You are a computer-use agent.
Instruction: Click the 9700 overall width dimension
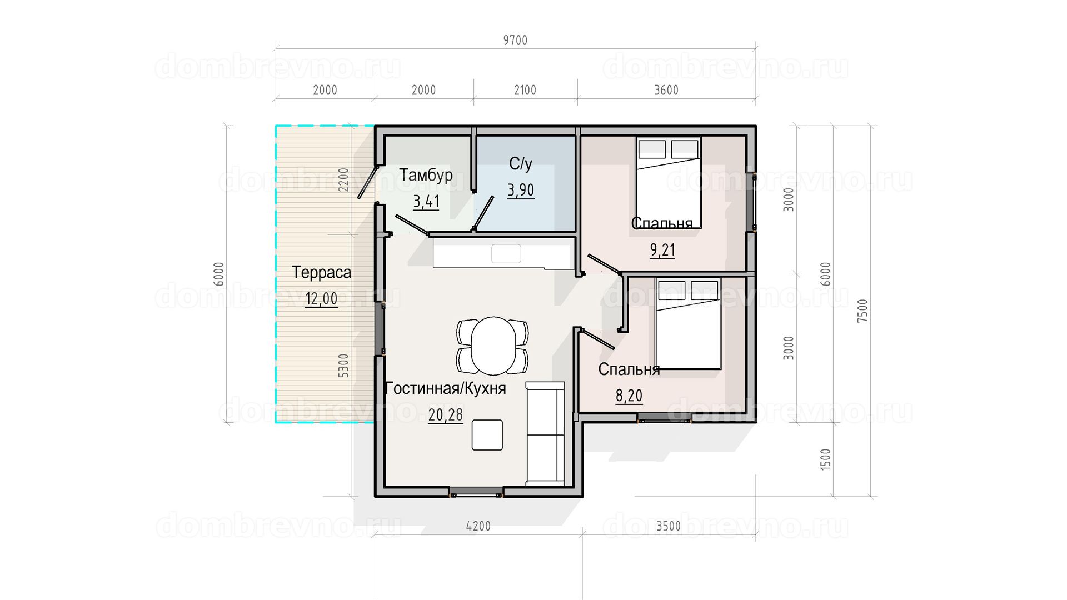[x=515, y=40]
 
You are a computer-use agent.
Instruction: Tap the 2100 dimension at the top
[x=525, y=90]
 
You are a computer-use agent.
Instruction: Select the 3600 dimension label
[x=666, y=90]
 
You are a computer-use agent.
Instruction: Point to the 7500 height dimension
[x=862, y=311]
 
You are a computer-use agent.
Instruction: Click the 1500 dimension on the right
[x=825, y=459]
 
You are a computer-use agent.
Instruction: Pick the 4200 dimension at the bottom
[x=478, y=526]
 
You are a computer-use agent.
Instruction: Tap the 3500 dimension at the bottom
[x=668, y=526]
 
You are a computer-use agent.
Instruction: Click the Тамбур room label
[x=426, y=175]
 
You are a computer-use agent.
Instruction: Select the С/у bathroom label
[x=521, y=163]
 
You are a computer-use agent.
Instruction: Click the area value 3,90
[x=521, y=191]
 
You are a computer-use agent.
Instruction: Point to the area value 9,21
[x=662, y=250]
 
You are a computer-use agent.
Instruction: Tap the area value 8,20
[x=629, y=396]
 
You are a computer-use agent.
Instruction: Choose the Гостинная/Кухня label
[x=445, y=388]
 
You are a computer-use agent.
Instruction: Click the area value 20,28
[x=445, y=415]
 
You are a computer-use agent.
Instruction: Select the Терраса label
[x=321, y=272]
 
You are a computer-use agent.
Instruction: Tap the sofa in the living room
[x=545, y=434]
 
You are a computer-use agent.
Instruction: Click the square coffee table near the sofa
[x=487, y=435]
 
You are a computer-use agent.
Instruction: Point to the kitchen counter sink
[x=506, y=253]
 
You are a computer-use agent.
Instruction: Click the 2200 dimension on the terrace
[x=344, y=179]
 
